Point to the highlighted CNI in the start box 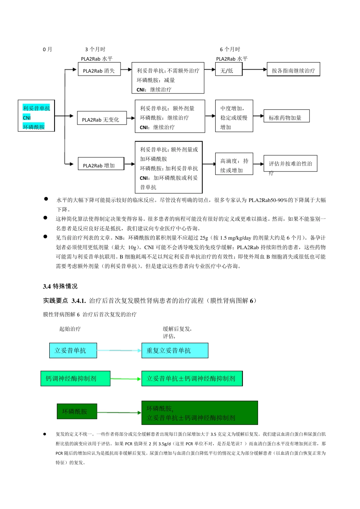tap(27, 118)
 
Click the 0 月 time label tap(47, 49)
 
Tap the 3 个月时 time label tap(95, 49)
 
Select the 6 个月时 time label tap(230, 49)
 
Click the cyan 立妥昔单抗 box tap(73, 351)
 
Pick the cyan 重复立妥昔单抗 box tap(175, 351)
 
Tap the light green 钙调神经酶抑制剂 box tap(75, 378)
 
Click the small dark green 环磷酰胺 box tap(77, 411)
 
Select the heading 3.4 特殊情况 tap(60, 286)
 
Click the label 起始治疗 tap(70, 329)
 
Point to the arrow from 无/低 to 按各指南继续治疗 tap(254, 70)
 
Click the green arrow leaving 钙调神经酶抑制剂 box tap(125, 379)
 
